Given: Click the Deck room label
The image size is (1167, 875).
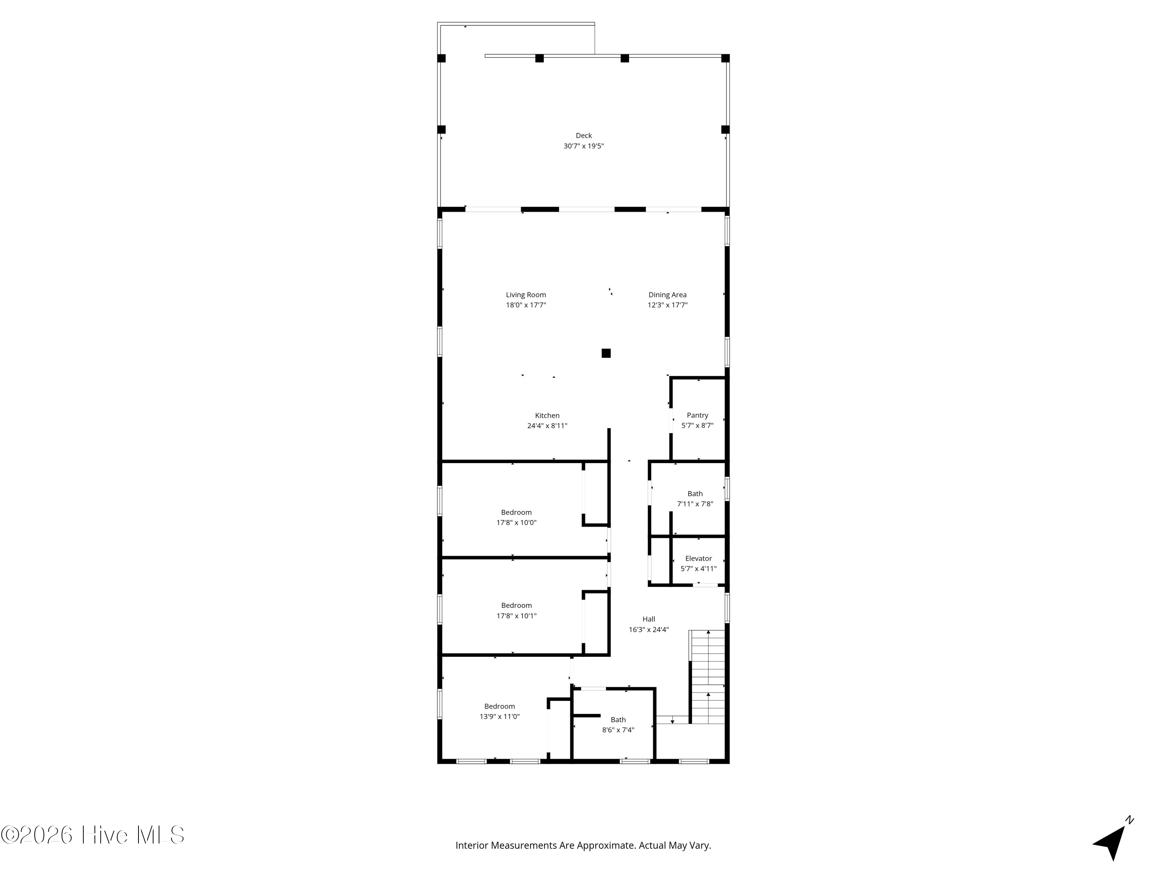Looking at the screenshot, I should click(x=583, y=136).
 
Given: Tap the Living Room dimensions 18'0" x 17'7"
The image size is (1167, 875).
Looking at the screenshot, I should click(x=526, y=305).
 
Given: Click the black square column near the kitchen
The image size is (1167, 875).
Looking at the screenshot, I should click(x=606, y=353).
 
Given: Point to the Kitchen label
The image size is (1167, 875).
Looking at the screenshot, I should click(x=547, y=416).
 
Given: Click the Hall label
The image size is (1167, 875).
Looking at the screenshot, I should click(x=648, y=619).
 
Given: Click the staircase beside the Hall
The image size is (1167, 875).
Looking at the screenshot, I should click(x=708, y=678).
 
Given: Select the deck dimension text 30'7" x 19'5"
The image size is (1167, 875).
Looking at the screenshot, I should click(x=583, y=146).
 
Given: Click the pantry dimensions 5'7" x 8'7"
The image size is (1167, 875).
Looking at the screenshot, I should click(x=697, y=425).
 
